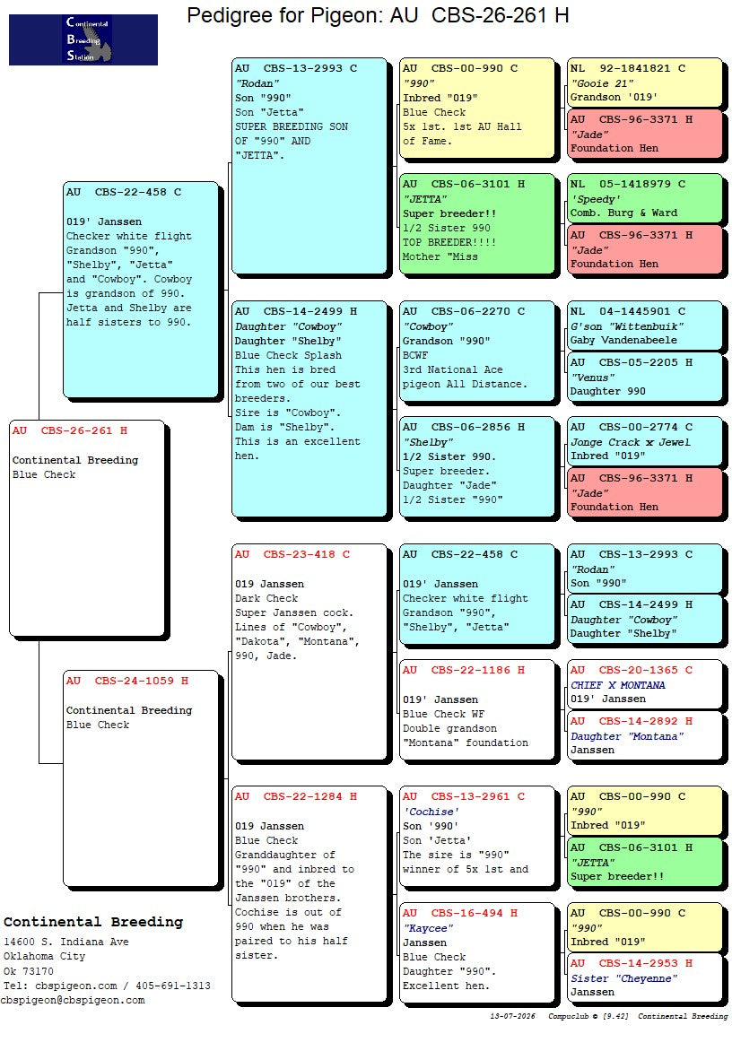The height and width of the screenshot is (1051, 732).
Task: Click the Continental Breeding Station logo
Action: [83, 40]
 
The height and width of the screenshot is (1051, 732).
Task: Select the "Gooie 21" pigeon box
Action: [644, 83]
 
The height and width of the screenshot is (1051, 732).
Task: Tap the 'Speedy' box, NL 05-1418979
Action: [644, 199]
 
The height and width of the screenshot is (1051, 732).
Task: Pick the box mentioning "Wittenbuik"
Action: [644, 326]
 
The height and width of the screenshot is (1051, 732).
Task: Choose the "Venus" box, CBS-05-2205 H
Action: [644, 378]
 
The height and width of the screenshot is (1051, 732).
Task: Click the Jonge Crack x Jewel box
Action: [644, 442]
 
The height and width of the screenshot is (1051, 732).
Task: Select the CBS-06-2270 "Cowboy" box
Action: [476, 352]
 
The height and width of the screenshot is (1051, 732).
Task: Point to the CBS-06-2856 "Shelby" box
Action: [476, 467]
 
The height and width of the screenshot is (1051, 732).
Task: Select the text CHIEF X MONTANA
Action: [618, 685]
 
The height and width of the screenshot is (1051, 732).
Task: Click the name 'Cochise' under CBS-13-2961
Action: [430, 812]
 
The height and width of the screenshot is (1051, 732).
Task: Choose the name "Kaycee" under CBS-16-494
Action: [428, 928]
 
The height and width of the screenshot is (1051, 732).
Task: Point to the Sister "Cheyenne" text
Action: [624, 978]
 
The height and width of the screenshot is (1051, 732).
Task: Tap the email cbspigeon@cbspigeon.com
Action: [73, 1000]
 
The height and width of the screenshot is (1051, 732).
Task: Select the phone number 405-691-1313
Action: [173, 986]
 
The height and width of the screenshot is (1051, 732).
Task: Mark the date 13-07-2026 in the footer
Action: [513, 1016]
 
